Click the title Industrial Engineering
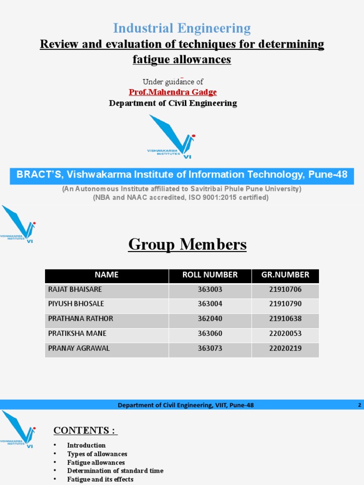[x=182, y=28]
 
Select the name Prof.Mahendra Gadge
[x=173, y=92]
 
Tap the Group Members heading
[x=188, y=245]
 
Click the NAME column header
[x=107, y=275]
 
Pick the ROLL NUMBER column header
[x=210, y=275]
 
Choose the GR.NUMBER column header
[x=285, y=275]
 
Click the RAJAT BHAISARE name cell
[x=75, y=289]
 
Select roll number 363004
[x=210, y=304]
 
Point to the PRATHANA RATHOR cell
[x=81, y=318]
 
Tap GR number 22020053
[x=285, y=333]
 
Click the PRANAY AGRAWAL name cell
[x=79, y=348]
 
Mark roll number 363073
[x=210, y=348]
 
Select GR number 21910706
[x=285, y=289]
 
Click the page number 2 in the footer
[x=360, y=405]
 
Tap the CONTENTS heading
[x=85, y=430]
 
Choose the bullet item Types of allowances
[x=97, y=454]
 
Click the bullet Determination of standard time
[x=115, y=471]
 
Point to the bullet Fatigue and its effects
[x=100, y=479]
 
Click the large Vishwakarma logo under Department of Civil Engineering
[x=171, y=136]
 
